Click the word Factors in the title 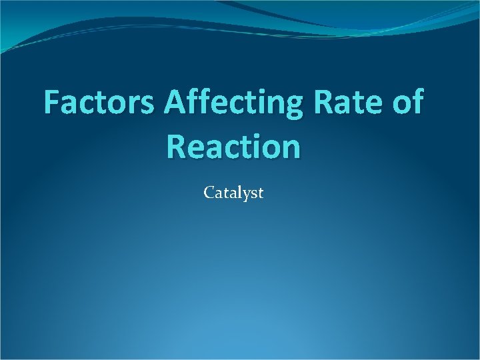pos(100,103)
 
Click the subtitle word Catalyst pos(234,193)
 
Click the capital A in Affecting pos(175,103)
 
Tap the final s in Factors pos(151,105)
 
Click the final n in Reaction pos(291,148)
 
